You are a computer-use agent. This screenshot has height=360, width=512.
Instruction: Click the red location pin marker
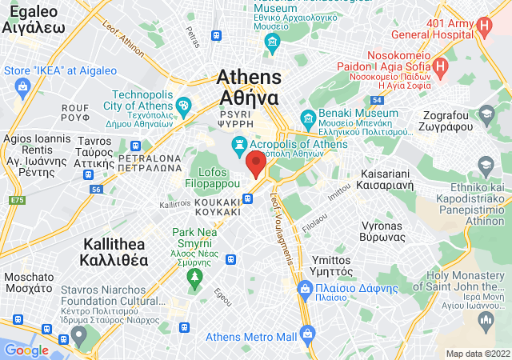click(x=256, y=163)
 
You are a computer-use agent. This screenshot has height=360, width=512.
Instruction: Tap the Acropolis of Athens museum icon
click(x=238, y=145)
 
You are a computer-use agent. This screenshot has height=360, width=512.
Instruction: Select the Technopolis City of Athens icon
click(x=183, y=105)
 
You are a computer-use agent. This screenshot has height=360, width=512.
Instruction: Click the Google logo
click(x=26, y=350)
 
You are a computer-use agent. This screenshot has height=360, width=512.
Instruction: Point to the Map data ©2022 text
click(x=478, y=353)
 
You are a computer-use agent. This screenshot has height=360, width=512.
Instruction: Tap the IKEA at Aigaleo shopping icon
click(x=22, y=86)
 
